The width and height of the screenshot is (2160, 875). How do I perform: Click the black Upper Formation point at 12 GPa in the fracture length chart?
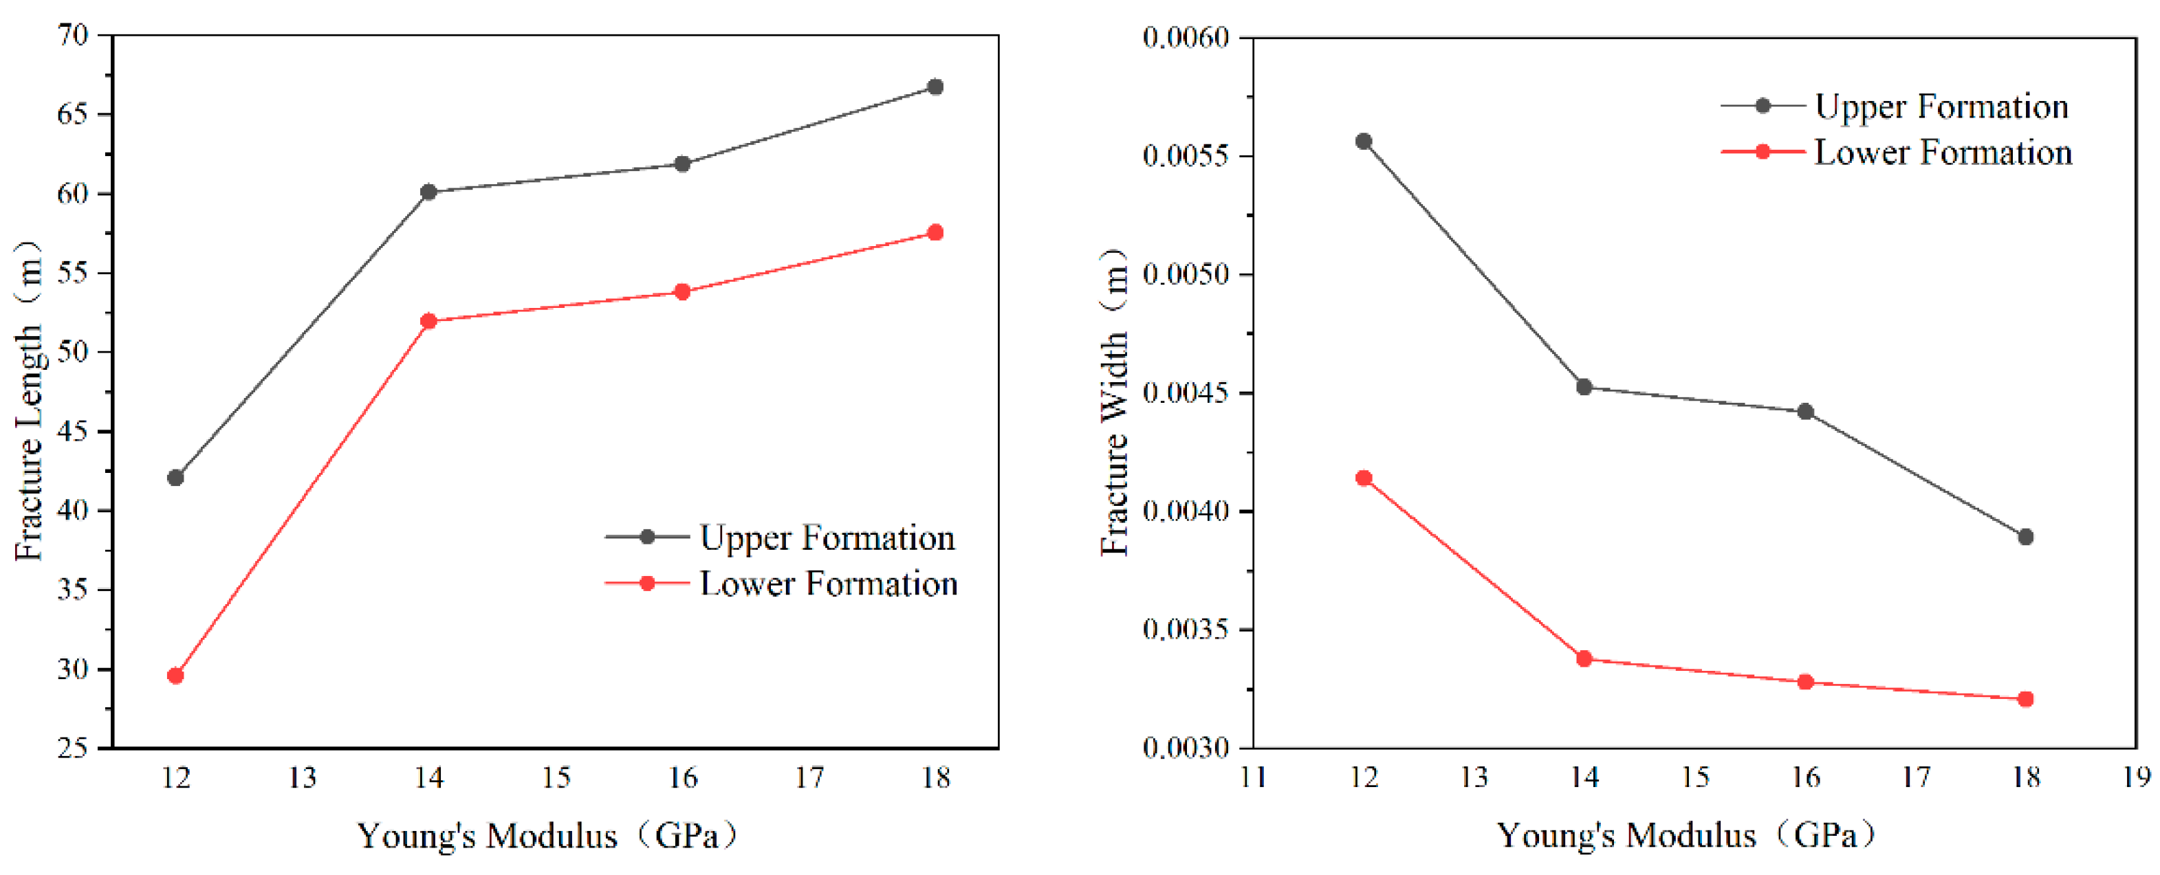click(175, 478)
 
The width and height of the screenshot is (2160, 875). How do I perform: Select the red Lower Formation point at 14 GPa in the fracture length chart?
click(428, 321)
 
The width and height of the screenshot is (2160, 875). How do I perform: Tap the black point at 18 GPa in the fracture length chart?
click(935, 87)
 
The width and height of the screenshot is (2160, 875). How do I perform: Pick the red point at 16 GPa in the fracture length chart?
click(681, 291)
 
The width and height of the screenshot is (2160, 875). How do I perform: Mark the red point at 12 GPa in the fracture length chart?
click(175, 676)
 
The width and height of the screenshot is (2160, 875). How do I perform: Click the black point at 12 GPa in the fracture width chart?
click(1364, 141)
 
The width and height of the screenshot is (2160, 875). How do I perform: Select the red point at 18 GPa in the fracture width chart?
click(2025, 699)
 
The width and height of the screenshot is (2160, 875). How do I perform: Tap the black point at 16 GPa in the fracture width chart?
click(1805, 412)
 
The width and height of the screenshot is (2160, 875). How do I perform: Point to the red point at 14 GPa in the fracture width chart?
click(1584, 658)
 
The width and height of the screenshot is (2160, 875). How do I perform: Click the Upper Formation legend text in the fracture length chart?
click(827, 538)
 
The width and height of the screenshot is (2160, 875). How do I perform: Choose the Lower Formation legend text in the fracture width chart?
click(1943, 153)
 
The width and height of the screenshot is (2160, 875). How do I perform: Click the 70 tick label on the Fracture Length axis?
click(73, 35)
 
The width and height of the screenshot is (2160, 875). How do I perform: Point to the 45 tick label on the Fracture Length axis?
click(73, 432)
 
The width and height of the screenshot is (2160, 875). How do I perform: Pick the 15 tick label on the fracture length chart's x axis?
click(556, 778)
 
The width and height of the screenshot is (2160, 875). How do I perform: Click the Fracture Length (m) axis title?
click(30, 400)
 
